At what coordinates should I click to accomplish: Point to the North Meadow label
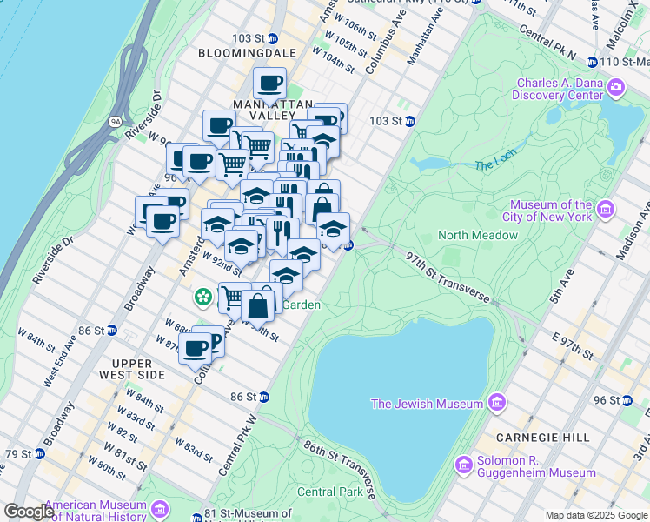pyautogui.click(x=477, y=235)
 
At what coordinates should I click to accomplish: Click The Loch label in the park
pyautogui.click(x=495, y=165)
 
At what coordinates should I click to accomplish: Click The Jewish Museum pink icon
pyautogui.click(x=496, y=403)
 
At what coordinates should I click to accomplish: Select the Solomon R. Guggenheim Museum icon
pyautogui.click(x=462, y=466)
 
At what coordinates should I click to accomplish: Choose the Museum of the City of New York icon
pyautogui.click(x=606, y=210)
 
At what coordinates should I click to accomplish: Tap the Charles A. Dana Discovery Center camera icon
pyautogui.click(x=616, y=86)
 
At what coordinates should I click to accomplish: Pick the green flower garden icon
pyautogui.click(x=203, y=298)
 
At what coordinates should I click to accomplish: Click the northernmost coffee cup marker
pyautogui.click(x=269, y=84)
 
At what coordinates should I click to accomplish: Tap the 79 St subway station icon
pyautogui.click(x=39, y=454)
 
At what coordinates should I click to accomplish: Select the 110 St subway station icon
pyautogui.click(x=592, y=62)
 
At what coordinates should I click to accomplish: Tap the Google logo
pyautogui.click(x=29, y=512)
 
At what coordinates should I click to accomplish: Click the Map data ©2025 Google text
pyautogui.click(x=595, y=514)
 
